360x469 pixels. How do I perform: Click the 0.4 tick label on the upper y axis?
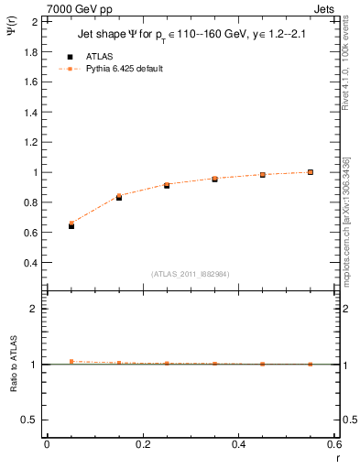[30, 263]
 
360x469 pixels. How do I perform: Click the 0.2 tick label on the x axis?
[142, 444]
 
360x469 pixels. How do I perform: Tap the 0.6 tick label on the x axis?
[333, 444]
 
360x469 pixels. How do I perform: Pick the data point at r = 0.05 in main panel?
[71, 224]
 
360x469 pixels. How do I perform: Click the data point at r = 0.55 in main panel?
[311, 172]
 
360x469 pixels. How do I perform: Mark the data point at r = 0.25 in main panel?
[167, 185]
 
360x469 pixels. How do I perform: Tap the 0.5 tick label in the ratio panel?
[30, 420]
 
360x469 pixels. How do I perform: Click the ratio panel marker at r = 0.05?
[71, 361]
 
